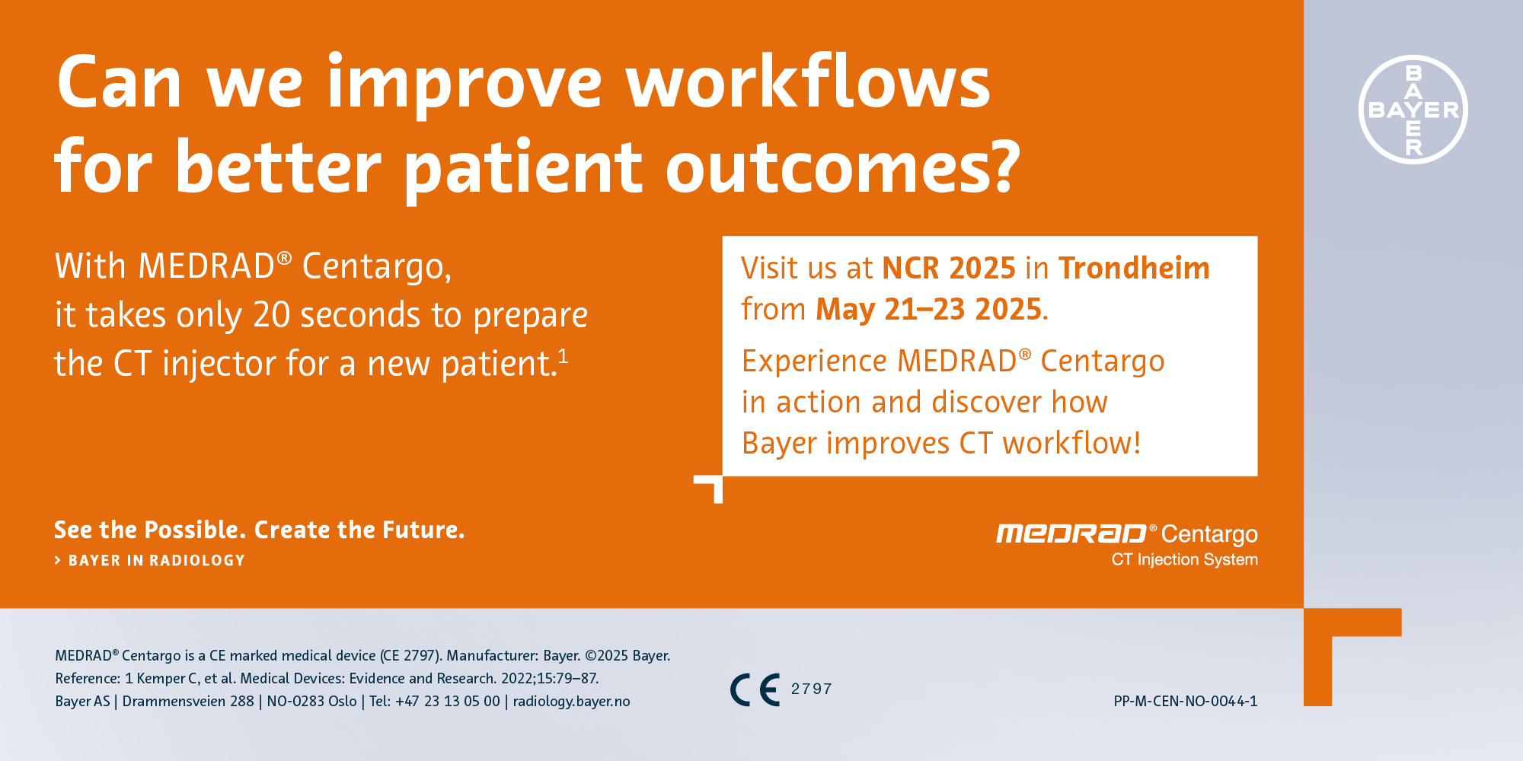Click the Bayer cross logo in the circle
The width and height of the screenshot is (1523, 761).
[x=1413, y=110]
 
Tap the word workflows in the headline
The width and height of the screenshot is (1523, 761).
[x=809, y=81]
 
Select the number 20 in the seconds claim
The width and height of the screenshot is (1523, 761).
[x=272, y=315]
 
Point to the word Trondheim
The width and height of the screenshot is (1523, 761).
[x=1134, y=268]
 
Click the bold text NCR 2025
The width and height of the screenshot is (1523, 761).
[x=949, y=269]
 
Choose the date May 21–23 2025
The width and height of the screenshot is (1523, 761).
[x=928, y=310]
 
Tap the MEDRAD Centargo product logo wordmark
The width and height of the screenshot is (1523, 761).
[x=1127, y=533]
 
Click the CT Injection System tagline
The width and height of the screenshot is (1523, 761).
[x=1184, y=559]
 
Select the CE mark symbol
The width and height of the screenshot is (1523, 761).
[x=755, y=690]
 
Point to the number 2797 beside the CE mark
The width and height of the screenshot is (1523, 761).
[x=811, y=689]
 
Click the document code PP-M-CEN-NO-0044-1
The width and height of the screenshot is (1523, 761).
[x=1186, y=701]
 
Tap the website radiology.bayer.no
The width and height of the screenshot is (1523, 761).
[x=571, y=702]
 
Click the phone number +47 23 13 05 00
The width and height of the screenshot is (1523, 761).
[x=448, y=701]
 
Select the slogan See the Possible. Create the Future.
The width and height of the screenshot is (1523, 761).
[x=259, y=530]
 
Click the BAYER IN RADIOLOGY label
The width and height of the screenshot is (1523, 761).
[x=156, y=561]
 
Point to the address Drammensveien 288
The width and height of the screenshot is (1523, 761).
[x=188, y=701]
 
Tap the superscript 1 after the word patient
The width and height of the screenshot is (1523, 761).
[x=563, y=355]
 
